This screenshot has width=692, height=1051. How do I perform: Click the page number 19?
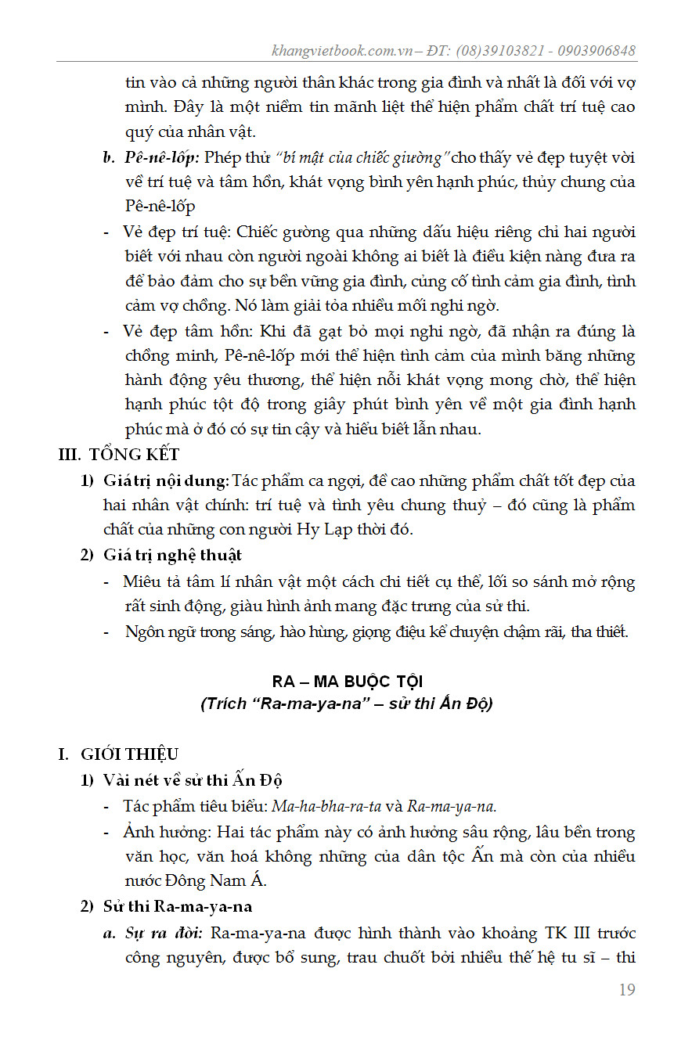pos(626,990)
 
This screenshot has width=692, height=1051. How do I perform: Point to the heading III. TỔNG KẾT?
pos(119,455)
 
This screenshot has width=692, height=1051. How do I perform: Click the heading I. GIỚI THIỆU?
pos(119,754)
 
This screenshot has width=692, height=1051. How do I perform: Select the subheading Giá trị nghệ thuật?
pos(172,555)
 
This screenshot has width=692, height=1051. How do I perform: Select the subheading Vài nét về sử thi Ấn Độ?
pos(193,780)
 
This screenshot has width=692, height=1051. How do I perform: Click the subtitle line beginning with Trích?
pos(346,703)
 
